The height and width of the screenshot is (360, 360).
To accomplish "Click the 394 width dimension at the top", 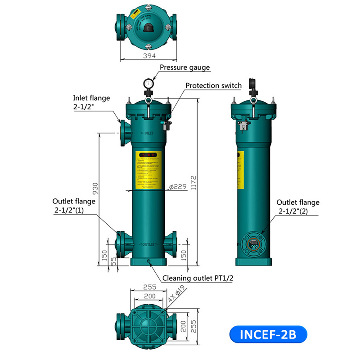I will point(149,56).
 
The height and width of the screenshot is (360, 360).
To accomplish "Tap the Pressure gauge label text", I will point(184,67).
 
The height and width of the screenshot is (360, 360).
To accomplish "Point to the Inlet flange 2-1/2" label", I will point(91,102).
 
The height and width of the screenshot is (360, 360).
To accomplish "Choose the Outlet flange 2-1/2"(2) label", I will point(298,207).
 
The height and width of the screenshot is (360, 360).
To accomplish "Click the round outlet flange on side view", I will point(253,243).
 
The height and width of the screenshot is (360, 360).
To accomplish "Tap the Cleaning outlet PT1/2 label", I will point(198,278).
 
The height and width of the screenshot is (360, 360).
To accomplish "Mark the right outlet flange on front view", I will point(171,243).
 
